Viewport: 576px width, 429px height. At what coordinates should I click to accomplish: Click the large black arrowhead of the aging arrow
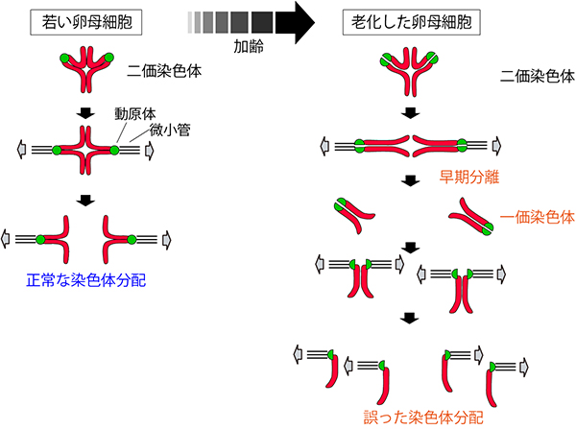coord(301,19)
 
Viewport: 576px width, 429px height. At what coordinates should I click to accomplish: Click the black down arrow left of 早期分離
coord(411,179)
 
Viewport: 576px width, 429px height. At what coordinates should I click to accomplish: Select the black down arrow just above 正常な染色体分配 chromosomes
coord(86,200)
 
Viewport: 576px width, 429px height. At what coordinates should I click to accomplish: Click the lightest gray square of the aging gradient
coord(194,19)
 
